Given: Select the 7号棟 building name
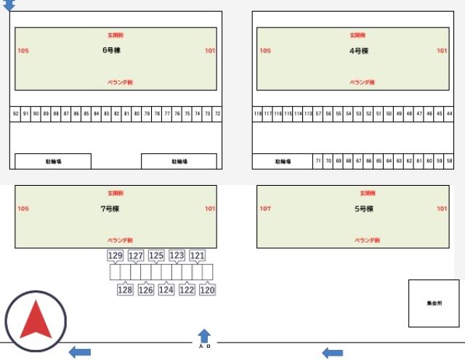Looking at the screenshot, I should click(x=110, y=209).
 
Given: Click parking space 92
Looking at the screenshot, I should click(x=15, y=114).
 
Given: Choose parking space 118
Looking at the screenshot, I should click(x=258, y=114).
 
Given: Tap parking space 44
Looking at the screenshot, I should click(x=449, y=114).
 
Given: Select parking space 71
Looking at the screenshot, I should click(x=318, y=160).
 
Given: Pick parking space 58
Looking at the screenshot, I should click(x=449, y=160).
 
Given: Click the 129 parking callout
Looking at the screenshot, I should click(x=115, y=255).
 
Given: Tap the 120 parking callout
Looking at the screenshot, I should click(x=207, y=290).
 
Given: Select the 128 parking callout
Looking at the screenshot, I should click(x=125, y=290).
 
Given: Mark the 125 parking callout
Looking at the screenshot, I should click(x=156, y=255).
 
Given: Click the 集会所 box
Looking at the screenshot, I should click(x=433, y=303).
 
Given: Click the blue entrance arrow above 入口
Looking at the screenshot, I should click(x=204, y=336).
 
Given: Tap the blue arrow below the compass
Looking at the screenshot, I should click(x=80, y=353).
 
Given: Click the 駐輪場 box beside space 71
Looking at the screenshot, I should click(x=282, y=161).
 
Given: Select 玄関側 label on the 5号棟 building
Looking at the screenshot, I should click(x=367, y=193).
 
